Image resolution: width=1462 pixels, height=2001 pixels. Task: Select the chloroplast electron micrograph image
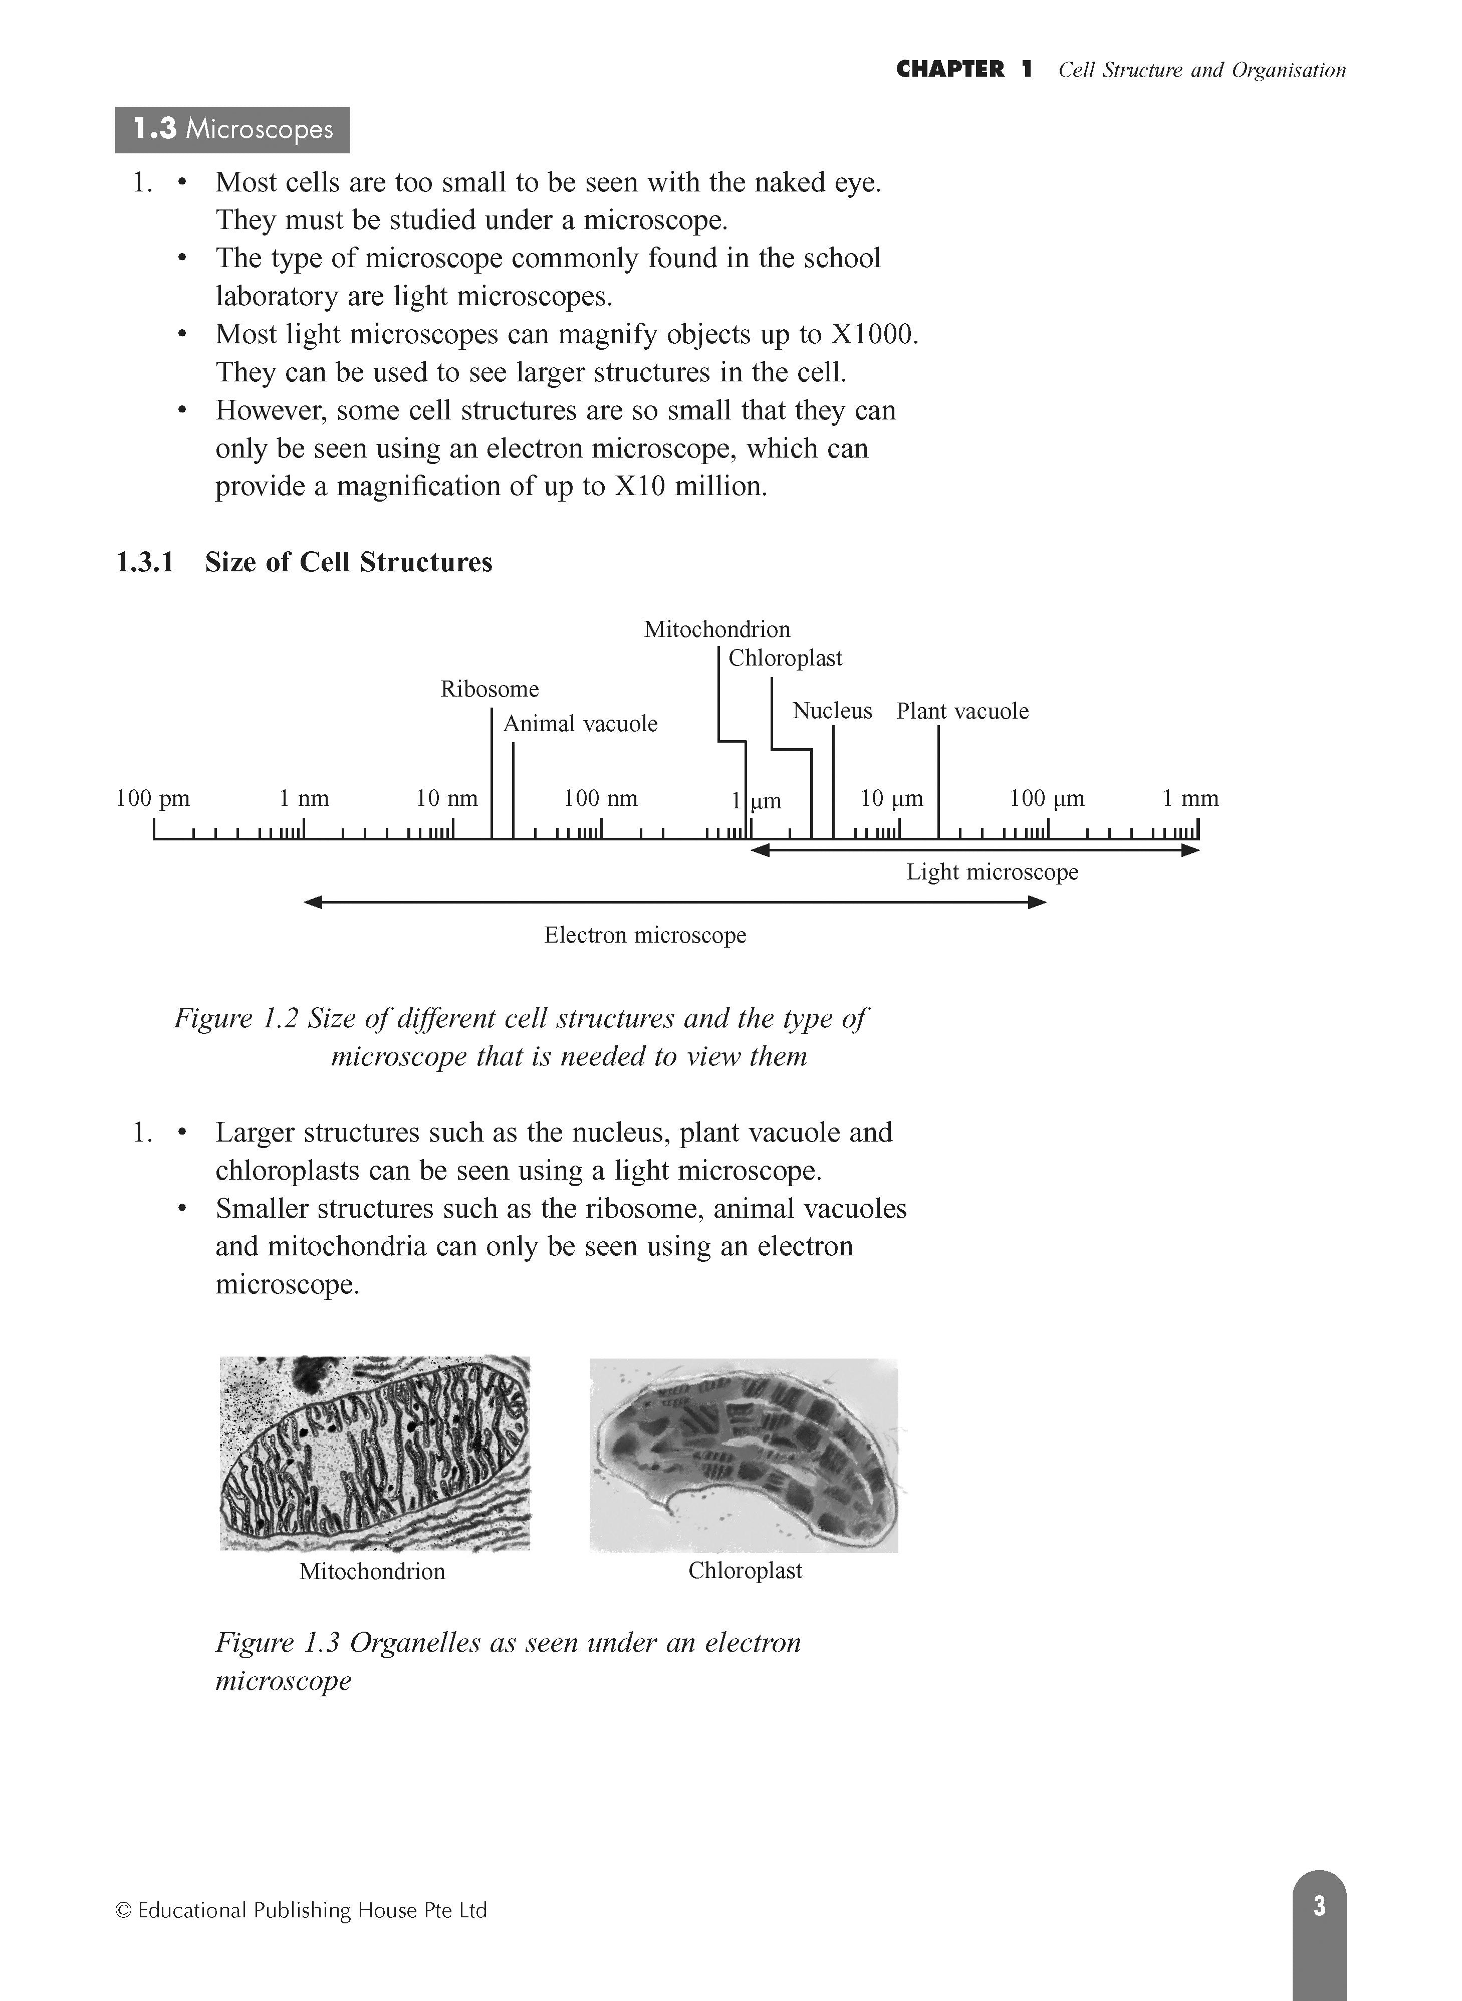click(744, 1454)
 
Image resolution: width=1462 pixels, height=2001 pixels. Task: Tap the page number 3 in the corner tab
click(1319, 1905)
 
